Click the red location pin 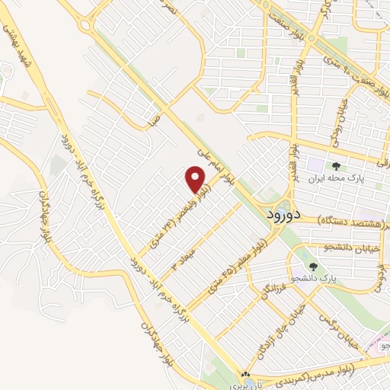197,180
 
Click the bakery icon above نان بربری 245,376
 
